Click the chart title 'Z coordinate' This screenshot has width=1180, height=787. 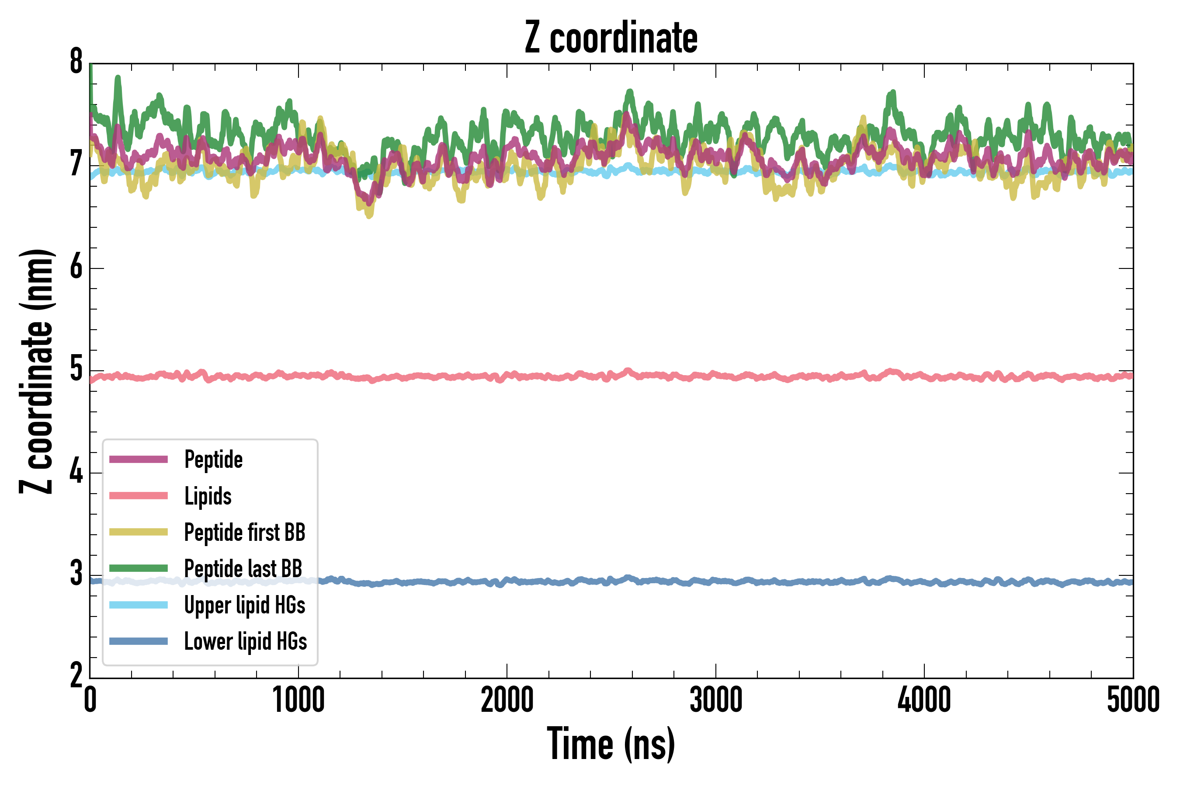coord(611,38)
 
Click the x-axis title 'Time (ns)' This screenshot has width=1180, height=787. coord(611,744)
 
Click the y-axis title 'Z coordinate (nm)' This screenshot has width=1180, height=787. coord(36,371)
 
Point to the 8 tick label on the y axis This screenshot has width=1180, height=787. coord(76,62)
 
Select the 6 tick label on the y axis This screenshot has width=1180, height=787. coord(76,267)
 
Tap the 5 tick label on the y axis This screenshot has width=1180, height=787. coord(76,369)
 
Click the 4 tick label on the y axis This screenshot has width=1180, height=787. coord(76,472)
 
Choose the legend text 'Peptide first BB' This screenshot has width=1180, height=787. coord(245,532)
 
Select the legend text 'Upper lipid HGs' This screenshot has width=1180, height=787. coord(245,605)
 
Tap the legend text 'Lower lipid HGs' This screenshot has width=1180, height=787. coord(246,641)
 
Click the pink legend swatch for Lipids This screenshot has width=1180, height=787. coord(139,496)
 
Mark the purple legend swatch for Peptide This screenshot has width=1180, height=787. coord(139,459)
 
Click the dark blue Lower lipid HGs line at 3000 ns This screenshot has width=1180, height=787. coord(715,581)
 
